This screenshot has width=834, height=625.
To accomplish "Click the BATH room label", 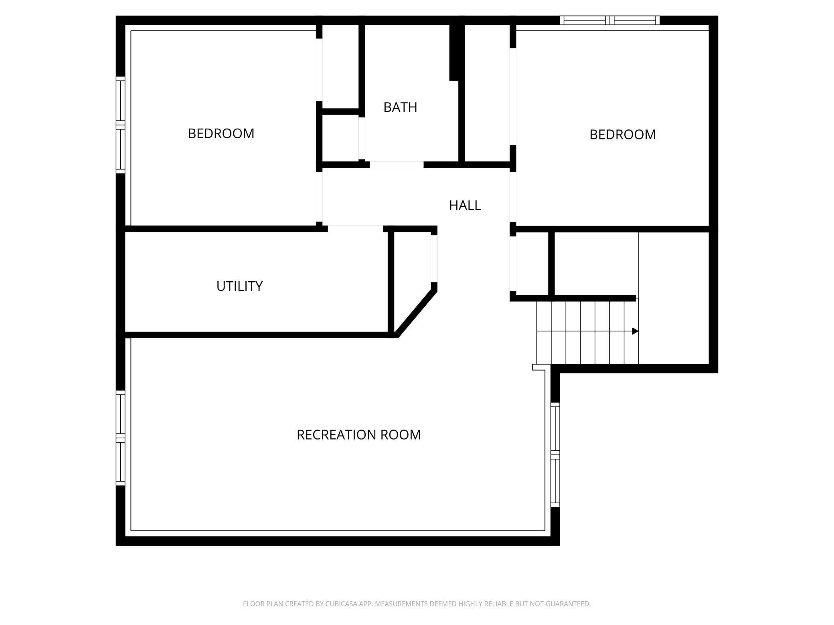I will (400, 107).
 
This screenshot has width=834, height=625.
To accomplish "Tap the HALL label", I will (465, 206).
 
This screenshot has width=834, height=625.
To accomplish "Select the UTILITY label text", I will (239, 286).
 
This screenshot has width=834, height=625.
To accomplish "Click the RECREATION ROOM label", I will (358, 435).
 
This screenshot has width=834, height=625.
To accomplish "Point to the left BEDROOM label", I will (221, 133).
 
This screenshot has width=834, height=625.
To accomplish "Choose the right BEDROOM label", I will (622, 135).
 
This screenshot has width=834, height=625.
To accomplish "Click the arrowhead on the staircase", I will (635, 331).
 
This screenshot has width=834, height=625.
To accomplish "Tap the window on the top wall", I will (609, 20).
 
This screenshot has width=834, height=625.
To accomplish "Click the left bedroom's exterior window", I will (120, 125).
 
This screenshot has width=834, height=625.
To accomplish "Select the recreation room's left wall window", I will (120, 437).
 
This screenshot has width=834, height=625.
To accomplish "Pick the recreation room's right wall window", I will (555, 455).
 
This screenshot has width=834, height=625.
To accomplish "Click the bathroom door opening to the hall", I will (396, 165).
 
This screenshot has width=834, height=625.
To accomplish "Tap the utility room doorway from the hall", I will (355, 229).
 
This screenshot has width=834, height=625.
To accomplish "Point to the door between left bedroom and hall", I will (319, 196).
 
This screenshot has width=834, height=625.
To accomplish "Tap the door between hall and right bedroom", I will (512, 196).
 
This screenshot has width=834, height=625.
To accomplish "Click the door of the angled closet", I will (434, 258).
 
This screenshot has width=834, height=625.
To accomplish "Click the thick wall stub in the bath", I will (454, 52).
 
